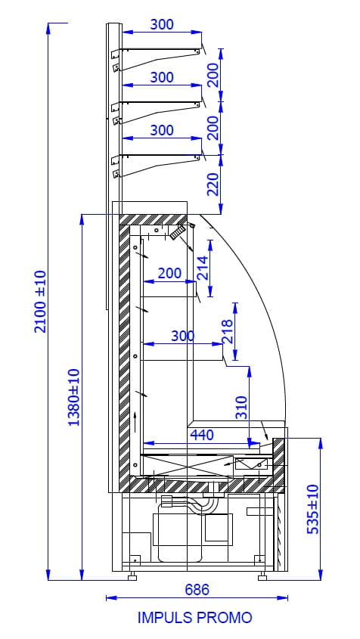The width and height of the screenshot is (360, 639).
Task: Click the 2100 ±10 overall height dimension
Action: point(41,302)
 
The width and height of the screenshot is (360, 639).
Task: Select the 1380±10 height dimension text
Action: point(74,397)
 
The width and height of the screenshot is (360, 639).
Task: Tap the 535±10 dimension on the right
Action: point(312,510)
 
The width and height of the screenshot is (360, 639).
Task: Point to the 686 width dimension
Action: point(197,589)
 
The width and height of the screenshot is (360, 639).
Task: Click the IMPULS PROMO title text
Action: point(195,618)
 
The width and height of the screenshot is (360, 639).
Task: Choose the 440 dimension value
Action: point(202,435)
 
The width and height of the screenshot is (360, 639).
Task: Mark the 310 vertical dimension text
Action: point(242,408)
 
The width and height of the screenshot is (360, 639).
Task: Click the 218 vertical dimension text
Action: point(227,331)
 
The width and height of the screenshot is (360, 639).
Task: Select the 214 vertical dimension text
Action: point(203,268)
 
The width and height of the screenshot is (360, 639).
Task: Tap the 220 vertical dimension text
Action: point(213,184)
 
